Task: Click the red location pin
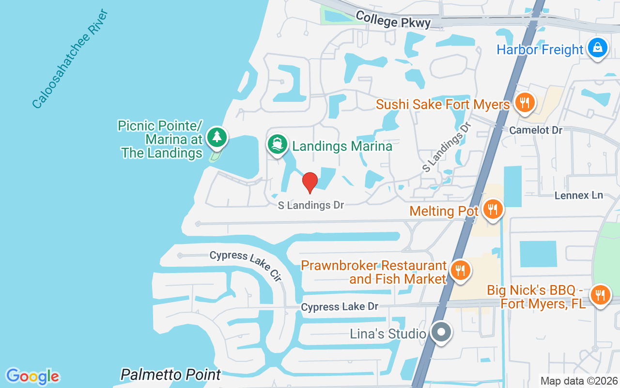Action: point(310,182)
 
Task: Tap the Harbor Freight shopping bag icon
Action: point(598,48)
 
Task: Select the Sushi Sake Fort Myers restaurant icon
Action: point(524,103)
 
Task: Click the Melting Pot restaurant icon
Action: point(493,210)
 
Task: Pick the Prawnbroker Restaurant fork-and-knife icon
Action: point(460,270)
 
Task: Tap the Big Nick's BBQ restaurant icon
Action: point(600,294)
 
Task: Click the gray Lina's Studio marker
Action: point(441,333)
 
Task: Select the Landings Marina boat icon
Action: point(277,144)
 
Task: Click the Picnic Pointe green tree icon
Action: point(217,137)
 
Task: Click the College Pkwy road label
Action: point(393,20)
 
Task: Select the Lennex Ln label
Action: point(579,195)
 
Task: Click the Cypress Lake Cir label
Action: point(246,266)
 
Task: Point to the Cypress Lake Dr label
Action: point(339,307)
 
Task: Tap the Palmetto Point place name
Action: point(170,374)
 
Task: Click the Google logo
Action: point(32,376)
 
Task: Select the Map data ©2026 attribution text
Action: point(579,381)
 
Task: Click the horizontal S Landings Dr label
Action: point(310,206)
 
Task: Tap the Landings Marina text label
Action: point(342,146)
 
